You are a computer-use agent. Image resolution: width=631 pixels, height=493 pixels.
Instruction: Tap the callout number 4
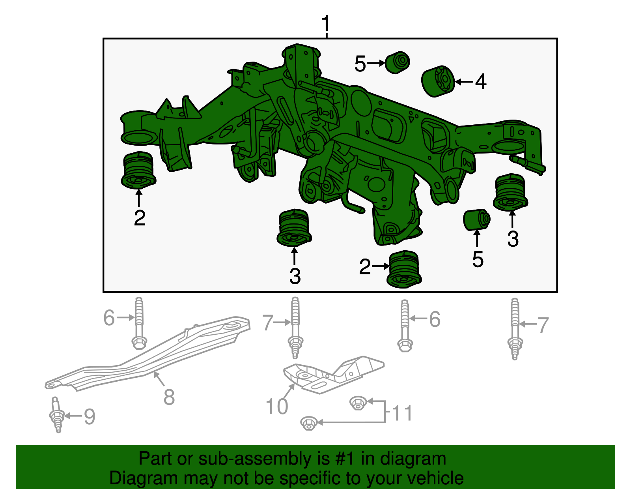point(481,82)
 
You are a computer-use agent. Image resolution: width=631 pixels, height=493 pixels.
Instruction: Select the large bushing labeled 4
point(438,81)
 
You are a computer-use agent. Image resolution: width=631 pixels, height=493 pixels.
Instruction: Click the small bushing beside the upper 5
point(397,63)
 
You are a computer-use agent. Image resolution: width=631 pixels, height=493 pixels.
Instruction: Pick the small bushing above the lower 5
point(476,219)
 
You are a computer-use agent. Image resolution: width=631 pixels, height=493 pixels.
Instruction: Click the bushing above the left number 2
point(138,170)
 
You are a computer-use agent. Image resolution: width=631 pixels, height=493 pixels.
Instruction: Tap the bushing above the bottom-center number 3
point(294,228)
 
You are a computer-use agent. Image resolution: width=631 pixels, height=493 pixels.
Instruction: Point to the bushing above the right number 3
point(510,193)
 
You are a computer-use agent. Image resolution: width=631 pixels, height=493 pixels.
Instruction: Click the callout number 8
point(169,397)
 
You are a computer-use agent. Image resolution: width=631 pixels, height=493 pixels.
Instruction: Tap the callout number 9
point(90,416)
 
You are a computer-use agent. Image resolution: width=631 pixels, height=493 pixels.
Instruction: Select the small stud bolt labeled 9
point(58,414)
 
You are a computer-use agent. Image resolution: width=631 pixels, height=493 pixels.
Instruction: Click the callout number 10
point(277,407)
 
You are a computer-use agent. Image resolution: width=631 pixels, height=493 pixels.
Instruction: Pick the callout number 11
point(402,413)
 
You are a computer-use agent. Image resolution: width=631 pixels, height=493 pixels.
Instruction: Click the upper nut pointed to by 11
point(358,403)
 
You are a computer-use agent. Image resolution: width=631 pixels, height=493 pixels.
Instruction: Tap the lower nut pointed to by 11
point(309,423)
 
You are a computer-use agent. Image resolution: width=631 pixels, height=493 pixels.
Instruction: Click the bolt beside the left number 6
point(139,323)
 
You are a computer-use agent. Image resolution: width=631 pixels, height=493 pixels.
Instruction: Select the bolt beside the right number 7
point(515,329)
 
